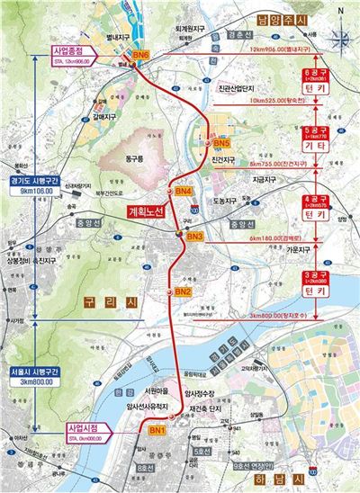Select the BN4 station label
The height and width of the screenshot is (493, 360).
pos(183,192)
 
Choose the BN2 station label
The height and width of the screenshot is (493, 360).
pos(182,292)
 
